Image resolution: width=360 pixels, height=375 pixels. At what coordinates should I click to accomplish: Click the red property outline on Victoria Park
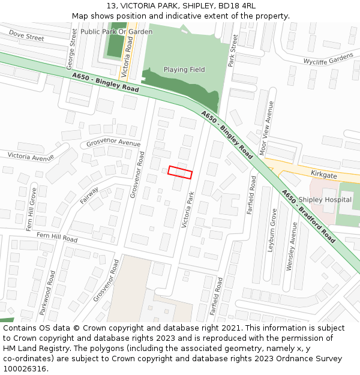[x=180, y=172]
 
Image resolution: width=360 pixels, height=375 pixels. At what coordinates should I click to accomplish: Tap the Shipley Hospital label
[x=325, y=200]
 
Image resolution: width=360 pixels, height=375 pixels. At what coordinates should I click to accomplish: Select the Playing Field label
[x=184, y=70]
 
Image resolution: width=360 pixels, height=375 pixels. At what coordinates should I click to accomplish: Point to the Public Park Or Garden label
[x=116, y=32]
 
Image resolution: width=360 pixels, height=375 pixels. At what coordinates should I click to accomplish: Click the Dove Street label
[x=26, y=37]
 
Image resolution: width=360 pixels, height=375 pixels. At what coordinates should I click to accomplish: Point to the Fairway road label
[x=89, y=195]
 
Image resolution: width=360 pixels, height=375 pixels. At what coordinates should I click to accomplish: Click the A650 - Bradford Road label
[x=308, y=217]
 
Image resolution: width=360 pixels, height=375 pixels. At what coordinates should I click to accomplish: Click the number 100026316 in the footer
[x=25, y=368]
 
